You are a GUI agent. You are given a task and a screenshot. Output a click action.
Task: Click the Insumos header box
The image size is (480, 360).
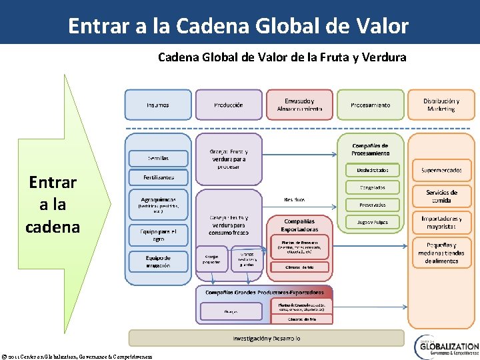point(158,105)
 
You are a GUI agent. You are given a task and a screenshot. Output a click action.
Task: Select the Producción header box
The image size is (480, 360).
point(229,105)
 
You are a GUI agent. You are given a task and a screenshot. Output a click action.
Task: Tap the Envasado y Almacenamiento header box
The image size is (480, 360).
point(299,105)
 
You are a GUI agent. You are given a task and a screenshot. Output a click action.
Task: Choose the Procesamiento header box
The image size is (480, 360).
point(371,105)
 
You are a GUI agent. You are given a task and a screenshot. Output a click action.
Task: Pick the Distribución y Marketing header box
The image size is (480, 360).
point(441,105)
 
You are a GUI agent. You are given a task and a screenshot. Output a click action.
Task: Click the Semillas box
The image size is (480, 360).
point(158,159)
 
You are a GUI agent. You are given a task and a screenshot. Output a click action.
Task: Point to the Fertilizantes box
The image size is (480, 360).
point(158,178)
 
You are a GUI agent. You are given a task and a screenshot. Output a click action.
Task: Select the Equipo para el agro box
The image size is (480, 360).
point(158,234)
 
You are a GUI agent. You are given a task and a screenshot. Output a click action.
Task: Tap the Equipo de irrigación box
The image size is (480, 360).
point(158,261)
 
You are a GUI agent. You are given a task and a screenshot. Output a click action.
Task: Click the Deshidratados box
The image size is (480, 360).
point(372,170)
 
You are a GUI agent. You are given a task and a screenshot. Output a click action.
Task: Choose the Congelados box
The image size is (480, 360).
point(372,187)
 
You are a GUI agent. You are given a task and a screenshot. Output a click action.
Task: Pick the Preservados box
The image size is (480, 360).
point(372,205)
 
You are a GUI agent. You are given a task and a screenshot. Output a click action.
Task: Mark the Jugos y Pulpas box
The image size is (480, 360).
point(372,222)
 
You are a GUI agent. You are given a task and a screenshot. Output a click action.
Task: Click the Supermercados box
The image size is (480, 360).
point(441,170)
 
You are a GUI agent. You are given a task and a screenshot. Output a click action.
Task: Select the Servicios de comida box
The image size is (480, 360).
point(441,196)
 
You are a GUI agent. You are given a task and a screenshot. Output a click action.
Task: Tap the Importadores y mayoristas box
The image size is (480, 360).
point(441,222)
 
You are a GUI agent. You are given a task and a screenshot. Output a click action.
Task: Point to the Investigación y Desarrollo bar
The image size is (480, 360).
point(266,338)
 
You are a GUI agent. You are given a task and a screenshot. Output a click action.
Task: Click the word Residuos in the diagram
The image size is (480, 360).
point(294,199)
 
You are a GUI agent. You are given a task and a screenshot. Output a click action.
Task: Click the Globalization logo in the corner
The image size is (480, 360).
point(446,347)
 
